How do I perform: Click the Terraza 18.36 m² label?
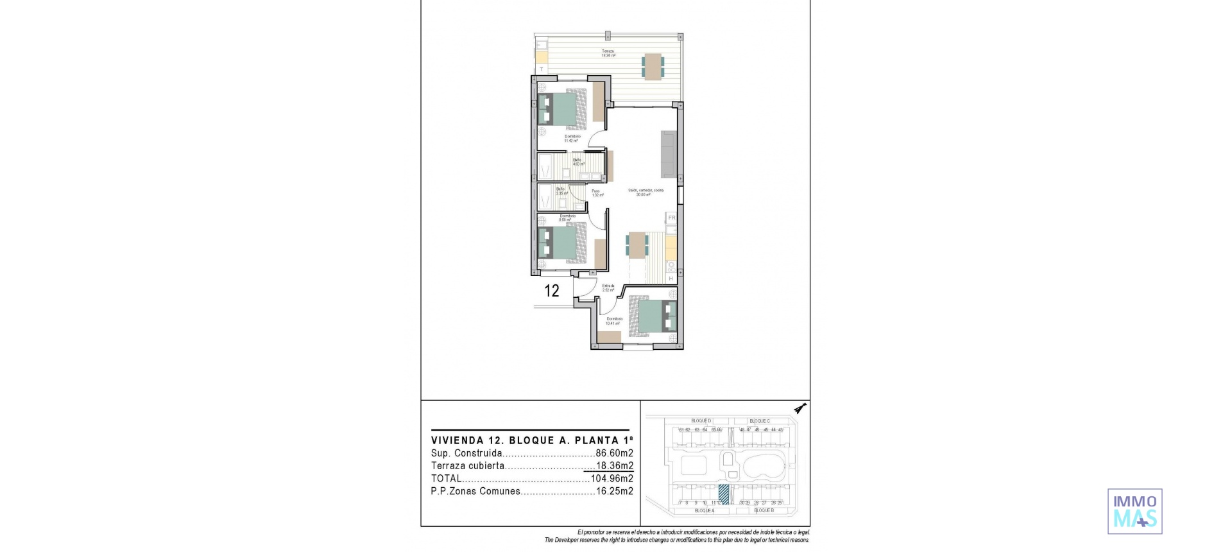click(x=608, y=53)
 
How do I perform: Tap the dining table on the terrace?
click(x=653, y=66)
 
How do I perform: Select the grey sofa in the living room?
click(x=668, y=154)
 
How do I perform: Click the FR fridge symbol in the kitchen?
click(x=672, y=218)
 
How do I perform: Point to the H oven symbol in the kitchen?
click(x=671, y=279)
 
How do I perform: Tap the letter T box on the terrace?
click(x=542, y=69)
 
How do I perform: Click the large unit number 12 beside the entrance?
click(x=552, y=291)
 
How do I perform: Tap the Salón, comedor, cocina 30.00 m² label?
click(x=646, y=192)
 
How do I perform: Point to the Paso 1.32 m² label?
click(x=596, y=193)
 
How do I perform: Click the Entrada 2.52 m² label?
click(x=608, y=288)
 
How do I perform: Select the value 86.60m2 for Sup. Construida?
click(x=614, y=453)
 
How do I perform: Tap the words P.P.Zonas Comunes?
click(x=475, y=492)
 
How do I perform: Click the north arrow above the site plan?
click(x=800, y=408)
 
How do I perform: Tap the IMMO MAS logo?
click(x=1134, y=511)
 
